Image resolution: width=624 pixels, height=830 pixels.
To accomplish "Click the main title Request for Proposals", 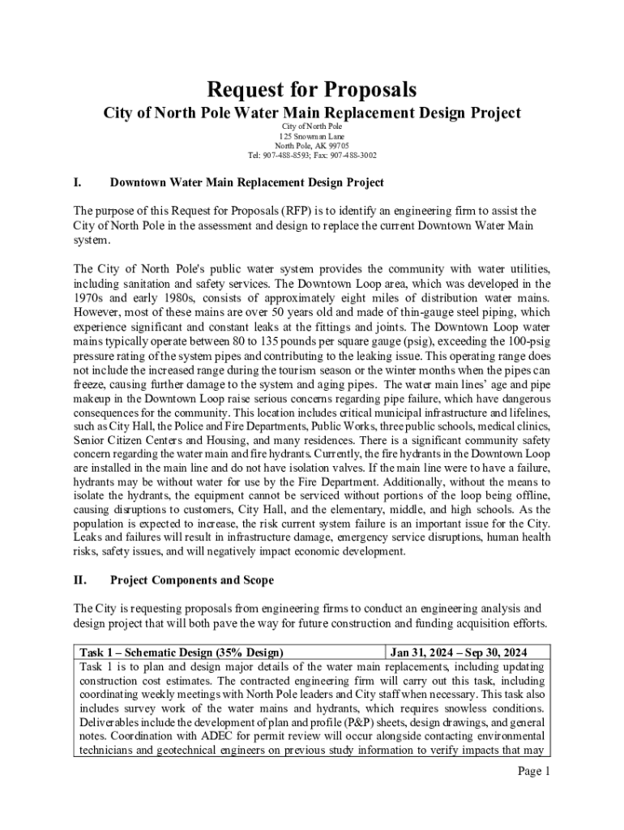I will tap(312, 88).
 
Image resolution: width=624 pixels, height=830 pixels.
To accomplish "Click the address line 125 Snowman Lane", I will tap(312, 136).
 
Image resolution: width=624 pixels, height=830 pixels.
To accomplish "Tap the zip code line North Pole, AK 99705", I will tap(312, 146).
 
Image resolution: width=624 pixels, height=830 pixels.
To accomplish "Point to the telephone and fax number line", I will tap(312, 155).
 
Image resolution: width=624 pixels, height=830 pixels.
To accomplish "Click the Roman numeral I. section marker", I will tap(78, 183).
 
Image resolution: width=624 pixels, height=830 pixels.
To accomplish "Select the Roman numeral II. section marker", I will tap(80, 580).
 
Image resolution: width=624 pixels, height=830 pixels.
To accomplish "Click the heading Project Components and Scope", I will tap(191, 580).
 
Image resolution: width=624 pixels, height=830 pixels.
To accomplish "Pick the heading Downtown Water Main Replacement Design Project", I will tap(246, 183).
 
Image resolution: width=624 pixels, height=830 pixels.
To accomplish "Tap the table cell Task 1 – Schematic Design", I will tap(181, 652).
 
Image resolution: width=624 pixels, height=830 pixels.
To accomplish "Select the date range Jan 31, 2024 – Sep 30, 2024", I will tap(459, 652).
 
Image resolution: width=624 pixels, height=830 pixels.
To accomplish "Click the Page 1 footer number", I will tap(534, 771).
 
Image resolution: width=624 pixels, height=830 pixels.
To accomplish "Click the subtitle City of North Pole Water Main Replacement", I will tap(312, 113).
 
